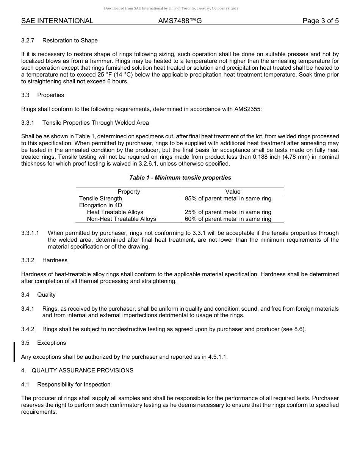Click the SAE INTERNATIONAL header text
(57, 21)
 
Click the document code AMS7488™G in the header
(180, 21)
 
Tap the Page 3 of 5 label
(320, 21)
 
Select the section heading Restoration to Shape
(70, 41)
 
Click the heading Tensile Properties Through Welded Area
(95, 123)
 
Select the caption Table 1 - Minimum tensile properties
(180, 178)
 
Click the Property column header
(129, 192)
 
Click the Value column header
(233, 192)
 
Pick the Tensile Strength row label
(100, 199)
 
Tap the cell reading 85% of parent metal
(228, 199)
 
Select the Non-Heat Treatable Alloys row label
(121, 219)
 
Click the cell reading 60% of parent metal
(228, 219)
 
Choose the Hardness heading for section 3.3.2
(55, 260)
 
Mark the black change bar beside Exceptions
(14, 352)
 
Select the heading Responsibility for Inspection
(74, 385)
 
